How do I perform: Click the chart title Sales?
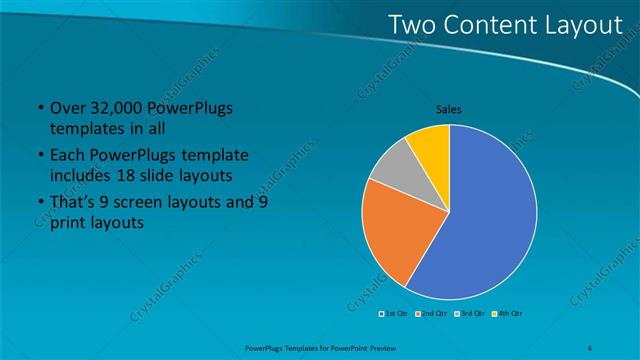click(x=448, y=109)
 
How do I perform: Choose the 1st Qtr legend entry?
click(x=394, y=314)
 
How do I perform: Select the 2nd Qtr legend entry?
click(x=432, y=314)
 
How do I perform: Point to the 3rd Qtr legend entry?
click(x=470, y=314)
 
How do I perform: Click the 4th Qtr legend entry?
click(x=508, y=314)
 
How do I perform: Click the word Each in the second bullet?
click(x=67, y=157)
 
